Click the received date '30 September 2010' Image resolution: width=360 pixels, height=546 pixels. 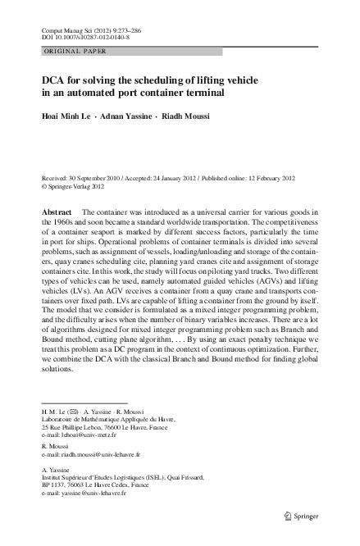pyautogui.click(x=105, y=178)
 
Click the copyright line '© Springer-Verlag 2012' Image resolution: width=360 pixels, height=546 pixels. pyautogui.click(x=74, y=186)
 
